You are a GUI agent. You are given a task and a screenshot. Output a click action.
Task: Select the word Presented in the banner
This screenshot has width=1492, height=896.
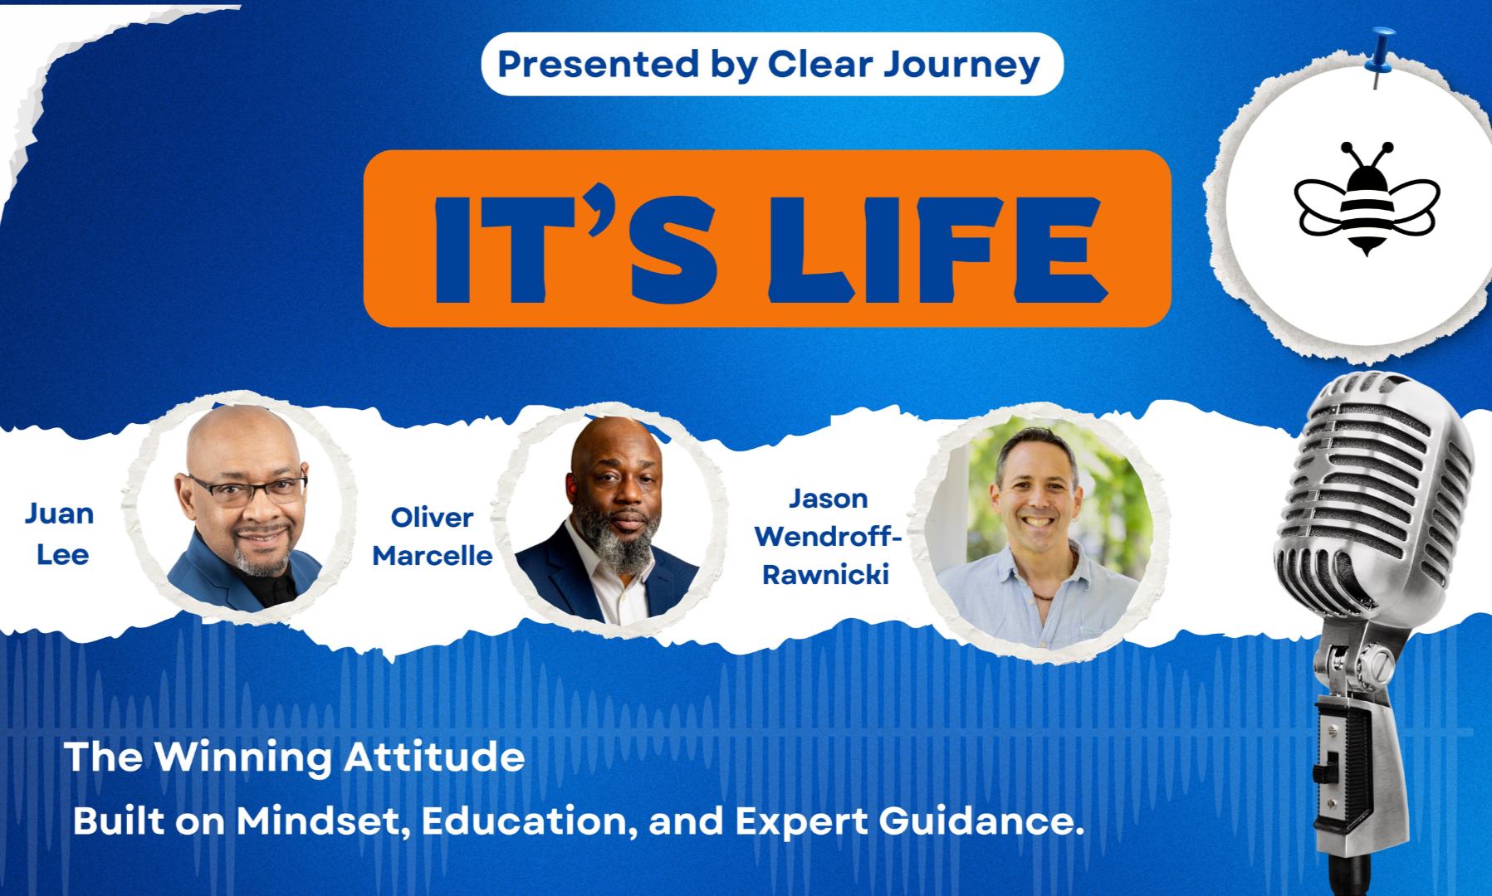pyautogui.click(x=598, y=64)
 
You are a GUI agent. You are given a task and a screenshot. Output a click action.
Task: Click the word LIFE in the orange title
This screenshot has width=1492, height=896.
pyautogui.click(x=938, y=249)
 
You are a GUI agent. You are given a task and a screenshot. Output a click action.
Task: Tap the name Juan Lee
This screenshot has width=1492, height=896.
pyautogui.click(x=60, y=533)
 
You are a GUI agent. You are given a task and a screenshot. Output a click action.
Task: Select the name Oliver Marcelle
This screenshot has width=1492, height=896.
pyautogui.click(x=432, y=536)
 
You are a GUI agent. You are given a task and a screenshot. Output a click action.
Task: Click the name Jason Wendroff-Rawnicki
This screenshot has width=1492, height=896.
pyautogui.click(x=828, y=536)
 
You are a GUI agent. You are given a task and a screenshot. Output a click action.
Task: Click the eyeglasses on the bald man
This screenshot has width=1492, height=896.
pyautogui.click(x=247, y=489)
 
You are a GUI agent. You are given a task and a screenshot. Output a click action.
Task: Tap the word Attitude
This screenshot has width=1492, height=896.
pyautogui.click(x=434, y=757)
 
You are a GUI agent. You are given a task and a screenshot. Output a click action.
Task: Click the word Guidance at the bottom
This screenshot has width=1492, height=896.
pyautogui.click(x=981, y=821)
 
